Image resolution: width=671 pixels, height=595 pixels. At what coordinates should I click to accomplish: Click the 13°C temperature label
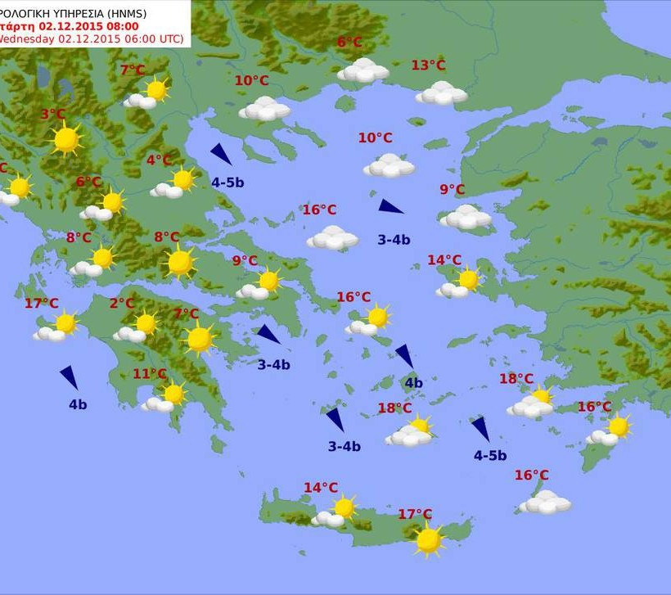(x=428, y=65)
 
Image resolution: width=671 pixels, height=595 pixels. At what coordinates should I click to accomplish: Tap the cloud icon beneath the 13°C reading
(x=441, y=93)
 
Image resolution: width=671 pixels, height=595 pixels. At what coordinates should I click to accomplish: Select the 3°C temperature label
(x=53, y=115)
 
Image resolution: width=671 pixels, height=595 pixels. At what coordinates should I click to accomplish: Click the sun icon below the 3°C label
(x=65, y=140)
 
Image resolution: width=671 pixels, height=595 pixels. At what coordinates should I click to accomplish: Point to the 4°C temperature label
(x=159, y=160)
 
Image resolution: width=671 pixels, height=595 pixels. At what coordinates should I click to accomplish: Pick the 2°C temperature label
(x=122, y=304)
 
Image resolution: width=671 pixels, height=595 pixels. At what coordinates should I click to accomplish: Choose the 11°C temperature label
(x=150, y=375)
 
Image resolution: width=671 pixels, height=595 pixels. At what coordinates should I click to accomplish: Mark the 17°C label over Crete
(x=415, y=515)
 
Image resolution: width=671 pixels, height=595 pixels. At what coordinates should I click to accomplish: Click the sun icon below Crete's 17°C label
(x=428, y=540)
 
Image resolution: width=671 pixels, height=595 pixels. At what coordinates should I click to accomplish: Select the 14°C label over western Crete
(x=321, y=488)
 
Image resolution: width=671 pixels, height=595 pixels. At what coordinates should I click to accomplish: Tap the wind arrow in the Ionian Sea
(x=70, y=377)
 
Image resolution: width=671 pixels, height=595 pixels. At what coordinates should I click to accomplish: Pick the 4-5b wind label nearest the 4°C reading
(x=227, y=183)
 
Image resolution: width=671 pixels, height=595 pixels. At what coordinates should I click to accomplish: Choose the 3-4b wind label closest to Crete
(x=345, y=447)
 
